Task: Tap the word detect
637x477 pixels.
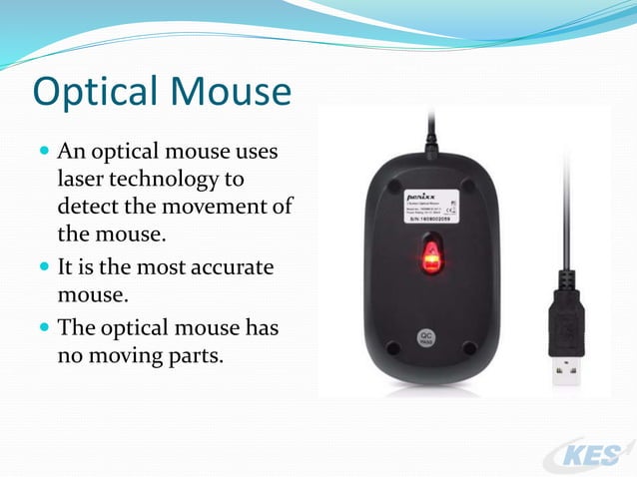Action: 88,208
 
